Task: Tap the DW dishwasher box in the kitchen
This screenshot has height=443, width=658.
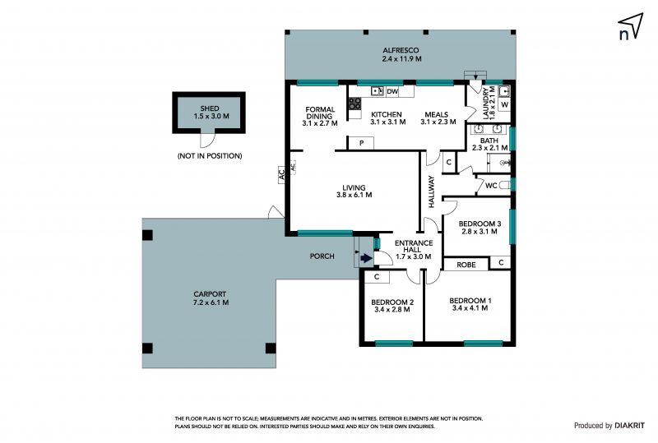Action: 392,91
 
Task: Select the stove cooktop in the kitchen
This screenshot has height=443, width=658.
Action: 354,104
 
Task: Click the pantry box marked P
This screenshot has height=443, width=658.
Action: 361,143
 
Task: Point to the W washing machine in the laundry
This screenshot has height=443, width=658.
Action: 504,104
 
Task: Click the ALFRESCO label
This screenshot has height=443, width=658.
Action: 401,50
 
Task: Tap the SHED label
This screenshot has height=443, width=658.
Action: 210,108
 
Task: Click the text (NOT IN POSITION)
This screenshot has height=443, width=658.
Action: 210,156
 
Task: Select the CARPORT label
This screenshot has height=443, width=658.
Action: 210,294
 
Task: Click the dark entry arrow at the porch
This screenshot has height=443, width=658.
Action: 366,258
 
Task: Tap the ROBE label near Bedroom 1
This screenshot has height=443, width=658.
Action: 466,265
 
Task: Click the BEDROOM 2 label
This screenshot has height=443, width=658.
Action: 392,302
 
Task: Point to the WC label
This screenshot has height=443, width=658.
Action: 491,186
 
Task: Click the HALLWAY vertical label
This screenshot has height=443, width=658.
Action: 431,192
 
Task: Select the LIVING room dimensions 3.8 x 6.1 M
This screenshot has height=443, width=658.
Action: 354,195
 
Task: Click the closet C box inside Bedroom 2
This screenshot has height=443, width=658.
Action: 377,277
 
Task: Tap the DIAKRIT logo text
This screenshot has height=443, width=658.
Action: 629,426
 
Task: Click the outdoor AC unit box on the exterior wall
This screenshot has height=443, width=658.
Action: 282,173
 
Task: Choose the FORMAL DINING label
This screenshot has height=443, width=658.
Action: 320,113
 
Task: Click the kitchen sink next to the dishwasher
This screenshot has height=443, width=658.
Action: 377,91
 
